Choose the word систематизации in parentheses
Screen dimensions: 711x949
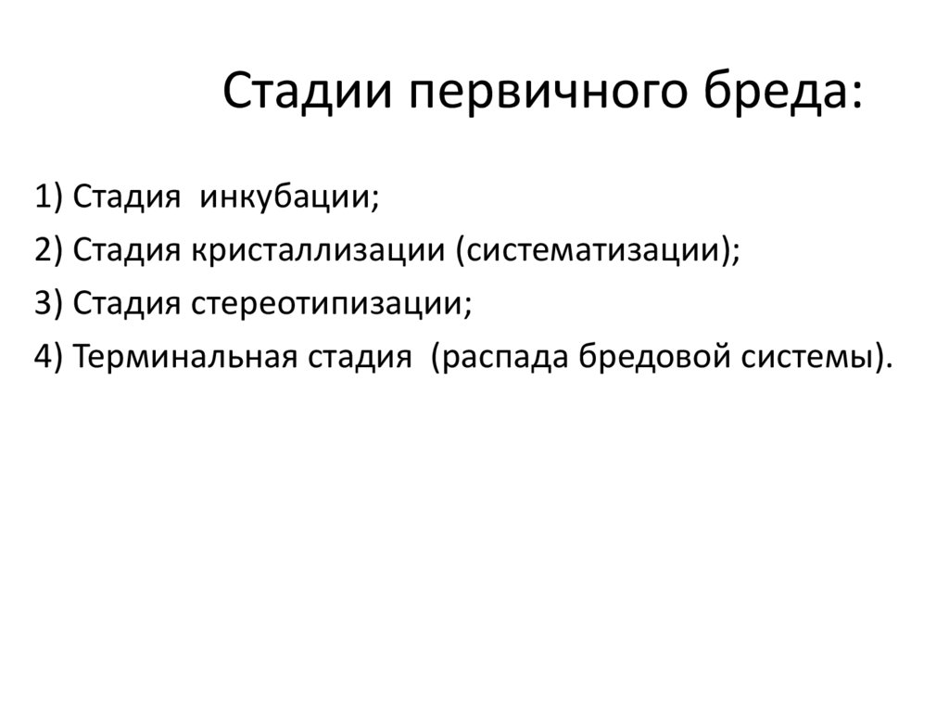tap(592, 251)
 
